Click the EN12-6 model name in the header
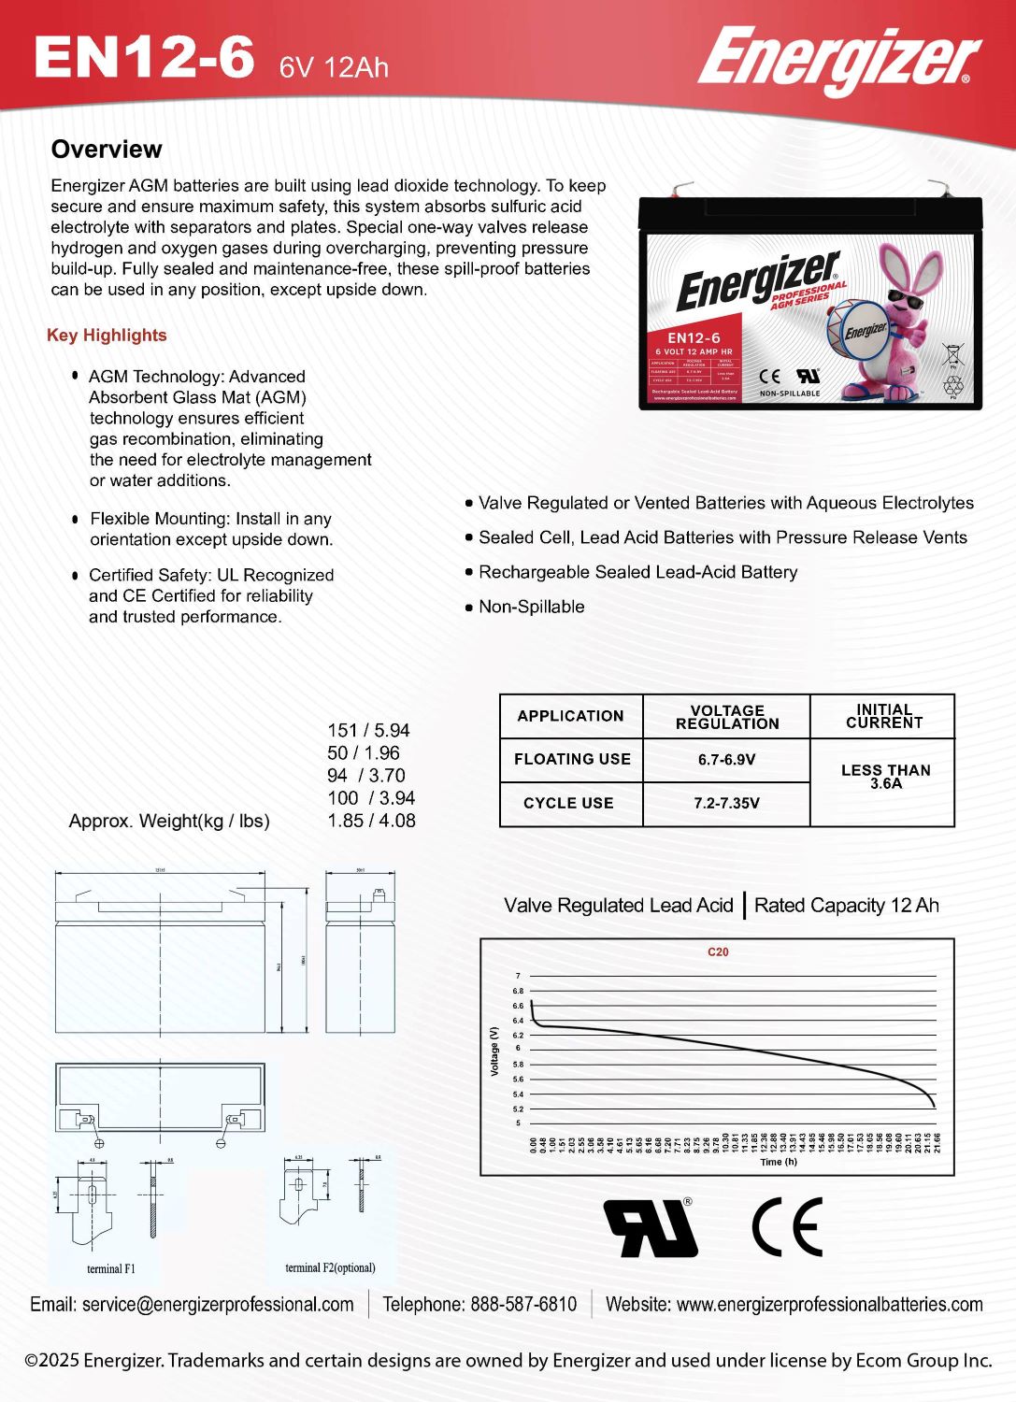(x=144, y=58)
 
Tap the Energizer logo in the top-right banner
(x=838, y=60)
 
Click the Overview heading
(x=107, y=150)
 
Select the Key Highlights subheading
(x=107, y=336)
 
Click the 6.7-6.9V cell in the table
(x=726, y=760)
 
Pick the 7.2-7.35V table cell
(x=726, y=803)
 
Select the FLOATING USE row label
(x=572, y=760)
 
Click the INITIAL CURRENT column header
(x=883, y=716)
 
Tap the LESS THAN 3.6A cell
(x=885, y=777)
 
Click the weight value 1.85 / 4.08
(x=371, y=821)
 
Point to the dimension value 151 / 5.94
(x=368, y=730)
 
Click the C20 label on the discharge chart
(x=718, y=952)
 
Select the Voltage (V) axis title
(x=494, y=1051)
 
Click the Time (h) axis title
(x=779, y=1162)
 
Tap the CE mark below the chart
(x=787, y=1227)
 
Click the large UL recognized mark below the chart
(x=651, y=1227)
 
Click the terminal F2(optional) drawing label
(x=330, y=1268)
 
